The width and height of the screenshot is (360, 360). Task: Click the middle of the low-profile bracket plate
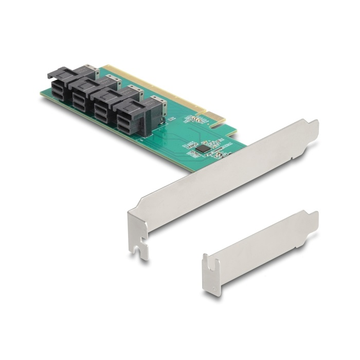(260, 249)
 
